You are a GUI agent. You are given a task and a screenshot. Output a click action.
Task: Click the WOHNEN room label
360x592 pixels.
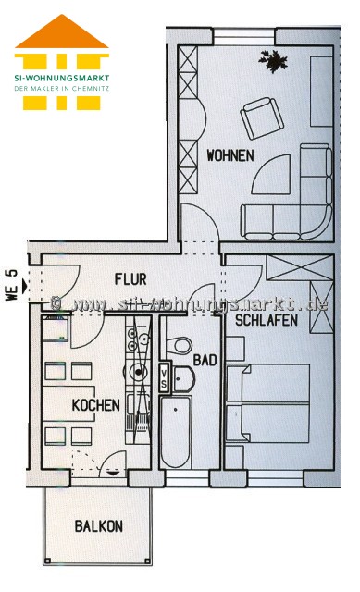click(x=230, y=155)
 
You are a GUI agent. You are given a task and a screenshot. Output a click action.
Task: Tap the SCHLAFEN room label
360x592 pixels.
click(x=267, y=320)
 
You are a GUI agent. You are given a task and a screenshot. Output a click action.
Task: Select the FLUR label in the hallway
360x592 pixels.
click(x=130, y=279)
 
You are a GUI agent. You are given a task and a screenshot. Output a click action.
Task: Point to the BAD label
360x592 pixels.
click(x=205, y=360)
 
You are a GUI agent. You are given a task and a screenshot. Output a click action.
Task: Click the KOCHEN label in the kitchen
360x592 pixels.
click(x=96, y=405)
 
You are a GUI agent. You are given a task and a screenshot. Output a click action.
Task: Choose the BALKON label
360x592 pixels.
click(x=99, y=526)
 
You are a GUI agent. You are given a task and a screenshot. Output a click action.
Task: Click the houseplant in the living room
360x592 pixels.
click(x=273, y=61)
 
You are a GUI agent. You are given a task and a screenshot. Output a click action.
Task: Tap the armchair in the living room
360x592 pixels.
click(x=262, y=117)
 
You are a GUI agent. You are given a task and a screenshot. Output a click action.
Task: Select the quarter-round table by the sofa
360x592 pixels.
click(x=271, y=175)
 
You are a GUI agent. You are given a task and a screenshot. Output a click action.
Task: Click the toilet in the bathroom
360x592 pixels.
click(x=179, y=345)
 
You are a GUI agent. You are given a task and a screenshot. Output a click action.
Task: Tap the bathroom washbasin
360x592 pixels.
click(x=183, y=378)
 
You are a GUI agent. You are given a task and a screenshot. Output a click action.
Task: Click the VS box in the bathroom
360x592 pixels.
click(x=164, y=378)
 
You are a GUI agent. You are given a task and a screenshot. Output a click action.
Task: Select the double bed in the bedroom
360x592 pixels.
click(x=267, y=403)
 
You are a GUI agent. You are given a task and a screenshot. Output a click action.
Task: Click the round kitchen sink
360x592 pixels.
click(x=138, y=372)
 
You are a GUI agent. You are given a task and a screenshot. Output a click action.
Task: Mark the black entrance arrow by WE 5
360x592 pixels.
click(x=25, y=286)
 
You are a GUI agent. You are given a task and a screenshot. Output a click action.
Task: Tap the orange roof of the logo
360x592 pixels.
click(x=62, y=31)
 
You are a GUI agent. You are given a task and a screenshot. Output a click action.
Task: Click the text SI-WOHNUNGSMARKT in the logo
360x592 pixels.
click(x=62, y=79)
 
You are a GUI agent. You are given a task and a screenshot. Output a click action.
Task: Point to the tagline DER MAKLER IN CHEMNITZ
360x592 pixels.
click(x=62, y=89)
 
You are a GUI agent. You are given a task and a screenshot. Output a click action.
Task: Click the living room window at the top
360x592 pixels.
click(x=243, y=37)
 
